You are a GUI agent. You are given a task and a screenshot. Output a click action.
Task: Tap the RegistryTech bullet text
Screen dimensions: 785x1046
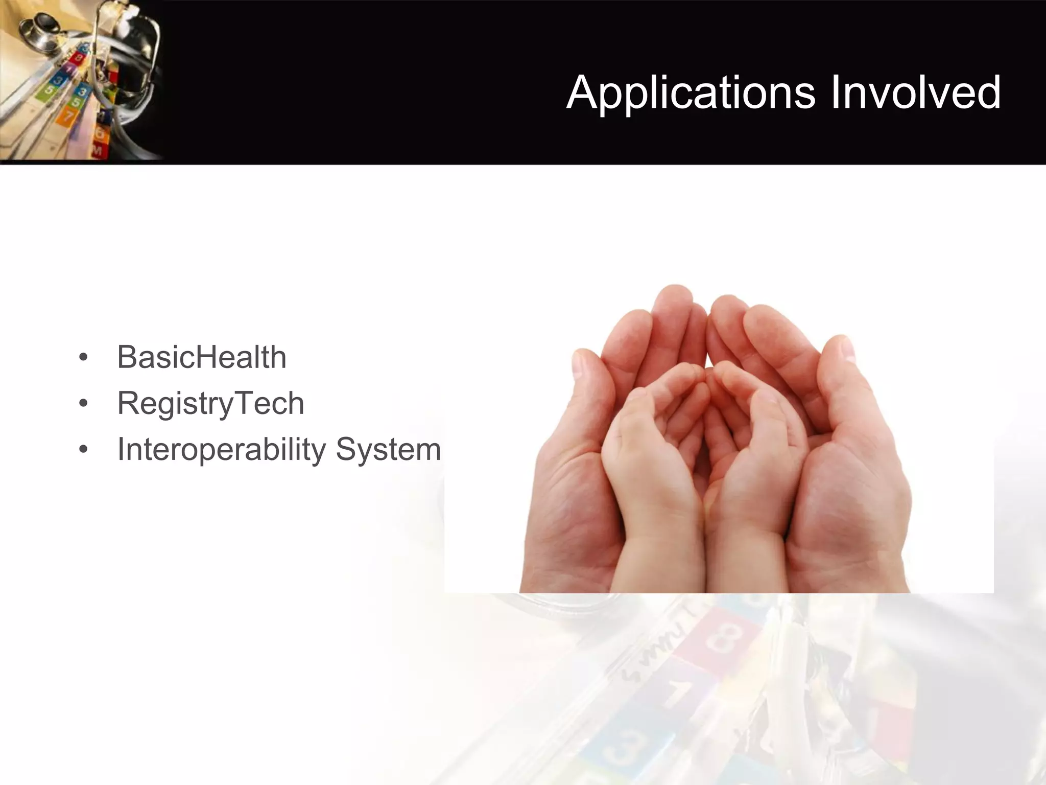coord(210,403)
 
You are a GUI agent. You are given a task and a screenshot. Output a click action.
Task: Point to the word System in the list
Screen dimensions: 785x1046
coord(388,450)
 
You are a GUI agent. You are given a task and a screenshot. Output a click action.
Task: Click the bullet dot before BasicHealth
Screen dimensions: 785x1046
coord(83,357)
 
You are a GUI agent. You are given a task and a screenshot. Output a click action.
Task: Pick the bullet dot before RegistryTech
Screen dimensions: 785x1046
coord(83,404)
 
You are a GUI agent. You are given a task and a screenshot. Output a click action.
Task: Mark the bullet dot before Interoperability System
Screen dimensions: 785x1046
coord(83,450)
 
